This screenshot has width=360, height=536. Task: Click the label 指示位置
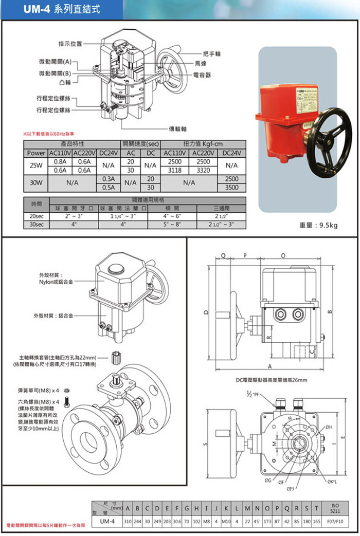click(x=70, y=44)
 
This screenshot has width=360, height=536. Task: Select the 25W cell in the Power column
click(x=36, y=165)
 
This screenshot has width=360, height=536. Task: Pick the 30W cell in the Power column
click(x=36, y=182)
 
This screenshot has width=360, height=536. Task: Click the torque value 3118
click(x=175, y=170)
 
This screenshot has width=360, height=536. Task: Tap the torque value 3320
click(x=203, y=170)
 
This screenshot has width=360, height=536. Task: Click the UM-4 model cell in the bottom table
click(x=106, y=521)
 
